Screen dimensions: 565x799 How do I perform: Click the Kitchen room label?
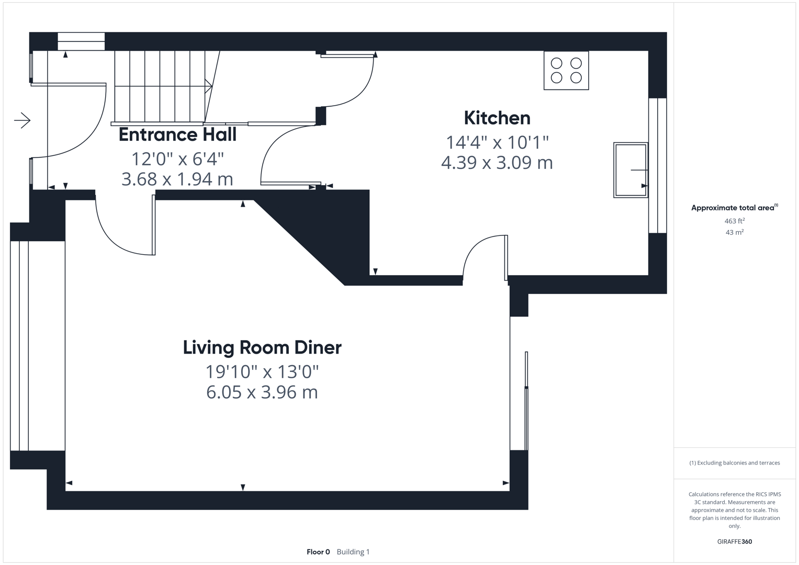(x=497, y=118)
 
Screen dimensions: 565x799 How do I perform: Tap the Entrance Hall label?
(x=177, y=135)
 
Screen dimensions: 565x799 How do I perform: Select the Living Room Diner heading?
(x=262, y=348)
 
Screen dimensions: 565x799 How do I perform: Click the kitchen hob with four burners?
(x=566, y=71)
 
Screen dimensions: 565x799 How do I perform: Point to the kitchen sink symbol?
(x=631, y=170)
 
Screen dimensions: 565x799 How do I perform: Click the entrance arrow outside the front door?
(x=22, y=121)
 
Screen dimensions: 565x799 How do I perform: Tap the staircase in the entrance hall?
(x=160, y=86)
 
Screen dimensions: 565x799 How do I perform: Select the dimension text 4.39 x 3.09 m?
(x=497, y=163)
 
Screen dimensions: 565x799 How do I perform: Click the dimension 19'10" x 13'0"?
(x=262, y=372)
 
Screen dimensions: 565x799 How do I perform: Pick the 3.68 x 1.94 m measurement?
(x=177, y=179)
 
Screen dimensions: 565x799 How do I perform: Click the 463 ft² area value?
(x=734, y=221)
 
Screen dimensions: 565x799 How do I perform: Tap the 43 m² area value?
(x=734, y=232)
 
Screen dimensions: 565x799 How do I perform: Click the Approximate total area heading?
(x=734, y=208)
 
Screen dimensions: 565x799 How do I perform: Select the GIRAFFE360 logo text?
(x=734, y=542)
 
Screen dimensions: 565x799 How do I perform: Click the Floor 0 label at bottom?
(x=318, y=552)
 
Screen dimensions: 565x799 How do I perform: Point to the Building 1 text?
(x=353, y=552)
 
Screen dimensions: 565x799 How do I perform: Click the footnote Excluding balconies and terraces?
(x=734, y=463)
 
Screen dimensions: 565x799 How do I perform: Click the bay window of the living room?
(x=20, y=345)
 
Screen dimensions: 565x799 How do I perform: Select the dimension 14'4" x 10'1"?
(x=497, y=142)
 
